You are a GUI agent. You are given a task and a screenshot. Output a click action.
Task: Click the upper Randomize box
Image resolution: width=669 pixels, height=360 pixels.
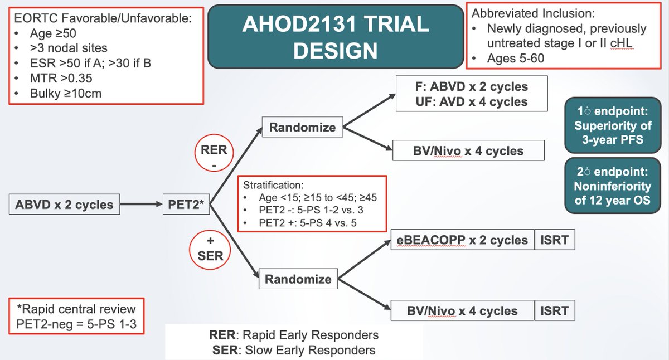point(302,128)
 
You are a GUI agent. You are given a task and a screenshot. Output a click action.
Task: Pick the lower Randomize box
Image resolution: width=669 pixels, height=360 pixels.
point(298,279)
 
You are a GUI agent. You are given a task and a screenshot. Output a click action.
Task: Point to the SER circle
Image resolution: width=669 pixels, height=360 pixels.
point(210,248)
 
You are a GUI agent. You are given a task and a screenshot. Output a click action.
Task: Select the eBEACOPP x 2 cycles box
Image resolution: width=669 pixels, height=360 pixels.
point(463,240)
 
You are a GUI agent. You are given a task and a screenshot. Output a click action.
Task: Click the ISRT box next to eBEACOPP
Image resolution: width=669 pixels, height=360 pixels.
point(555,240)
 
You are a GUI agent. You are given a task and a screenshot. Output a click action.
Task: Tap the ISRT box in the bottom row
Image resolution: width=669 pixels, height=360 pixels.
point(555,311)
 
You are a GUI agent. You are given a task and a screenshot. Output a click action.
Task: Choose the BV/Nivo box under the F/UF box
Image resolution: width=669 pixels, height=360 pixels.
point(469,150)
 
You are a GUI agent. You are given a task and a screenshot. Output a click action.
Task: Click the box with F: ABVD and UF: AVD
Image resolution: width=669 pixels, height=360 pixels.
point(472,94)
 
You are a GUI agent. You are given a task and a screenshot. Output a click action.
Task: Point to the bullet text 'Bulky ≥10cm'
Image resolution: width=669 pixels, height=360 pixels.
point(66,93)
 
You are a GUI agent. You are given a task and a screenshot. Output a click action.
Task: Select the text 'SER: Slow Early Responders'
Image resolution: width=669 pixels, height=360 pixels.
point(293,350)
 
